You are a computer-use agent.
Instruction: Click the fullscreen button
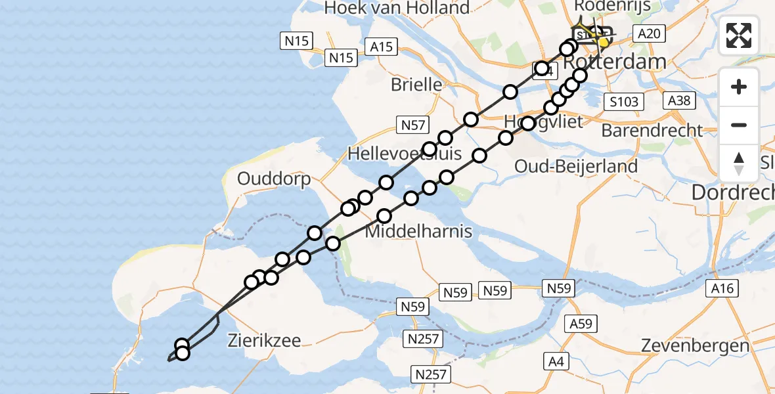point(739,35)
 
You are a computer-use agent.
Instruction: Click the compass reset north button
point(739,164)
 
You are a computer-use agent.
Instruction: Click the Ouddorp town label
point(274,179)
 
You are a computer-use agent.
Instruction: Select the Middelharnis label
point(418,232)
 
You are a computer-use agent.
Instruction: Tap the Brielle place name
point(416,84)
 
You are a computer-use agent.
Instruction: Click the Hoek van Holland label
point(398,8)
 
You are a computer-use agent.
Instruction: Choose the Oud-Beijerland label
point(576,166)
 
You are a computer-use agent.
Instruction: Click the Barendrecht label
point(652,130)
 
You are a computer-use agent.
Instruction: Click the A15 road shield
point(381,46)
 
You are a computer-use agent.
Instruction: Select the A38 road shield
point(679,100)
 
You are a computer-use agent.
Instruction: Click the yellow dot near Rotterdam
point(603,43)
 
